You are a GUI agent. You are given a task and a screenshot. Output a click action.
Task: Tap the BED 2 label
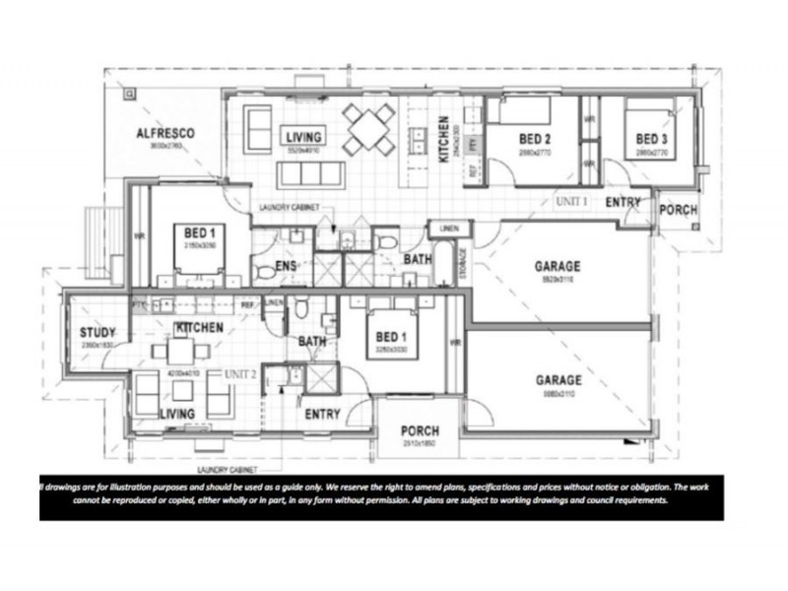coord(534,139)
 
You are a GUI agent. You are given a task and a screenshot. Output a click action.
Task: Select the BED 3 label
coord(651,139)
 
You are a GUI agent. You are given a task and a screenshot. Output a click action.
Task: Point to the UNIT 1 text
coord(571,201)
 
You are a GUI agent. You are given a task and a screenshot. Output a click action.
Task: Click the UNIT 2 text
coord(239,374)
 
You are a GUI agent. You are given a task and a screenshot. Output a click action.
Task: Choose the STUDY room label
coord(98,333)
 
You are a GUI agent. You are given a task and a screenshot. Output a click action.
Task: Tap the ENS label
coord(286,266)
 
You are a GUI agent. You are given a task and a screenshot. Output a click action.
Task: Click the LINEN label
coord(449,230)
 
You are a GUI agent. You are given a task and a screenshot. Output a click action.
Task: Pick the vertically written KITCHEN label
coord(444,139)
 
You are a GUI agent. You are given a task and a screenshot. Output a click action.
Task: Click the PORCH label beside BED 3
coord(678,210)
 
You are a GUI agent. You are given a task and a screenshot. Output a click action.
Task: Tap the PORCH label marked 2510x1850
coord(420,431)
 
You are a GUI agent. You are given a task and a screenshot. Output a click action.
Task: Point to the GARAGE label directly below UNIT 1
coord(557,266)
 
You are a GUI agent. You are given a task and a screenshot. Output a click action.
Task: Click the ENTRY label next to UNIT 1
coord(624,203)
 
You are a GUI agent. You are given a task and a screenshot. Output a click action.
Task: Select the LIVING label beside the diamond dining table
coord(300,136)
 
